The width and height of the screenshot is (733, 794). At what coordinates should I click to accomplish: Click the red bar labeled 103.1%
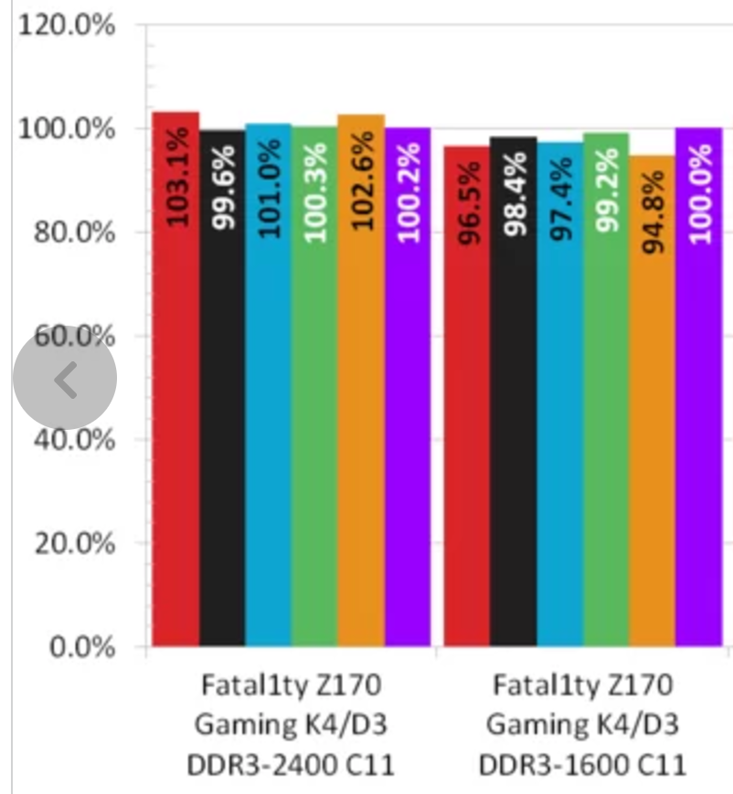175,384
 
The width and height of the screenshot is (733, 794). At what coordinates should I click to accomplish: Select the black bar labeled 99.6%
222,393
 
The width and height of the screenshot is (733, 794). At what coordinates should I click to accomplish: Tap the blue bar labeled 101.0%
269,389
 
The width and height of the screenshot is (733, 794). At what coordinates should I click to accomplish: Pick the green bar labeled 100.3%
314,389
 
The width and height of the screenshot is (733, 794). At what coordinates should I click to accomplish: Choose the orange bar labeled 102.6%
361,384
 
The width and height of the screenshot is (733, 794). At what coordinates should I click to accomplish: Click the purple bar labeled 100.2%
408,389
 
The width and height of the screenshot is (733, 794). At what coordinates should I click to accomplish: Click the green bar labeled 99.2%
606,393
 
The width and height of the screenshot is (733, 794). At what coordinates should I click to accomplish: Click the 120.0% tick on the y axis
67,25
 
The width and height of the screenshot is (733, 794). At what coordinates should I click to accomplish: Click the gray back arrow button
65,378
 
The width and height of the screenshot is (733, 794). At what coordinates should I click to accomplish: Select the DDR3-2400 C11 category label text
290,763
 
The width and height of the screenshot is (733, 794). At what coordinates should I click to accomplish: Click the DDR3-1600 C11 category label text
582,763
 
